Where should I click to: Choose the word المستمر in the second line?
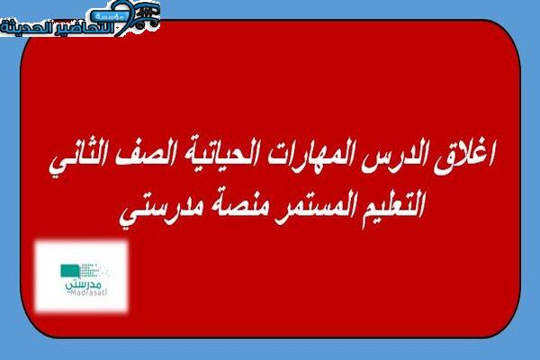tap(307, 206)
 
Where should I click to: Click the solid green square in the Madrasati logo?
tap(69, 271)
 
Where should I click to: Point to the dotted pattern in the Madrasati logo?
tap(93, 270)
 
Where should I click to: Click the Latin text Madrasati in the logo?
tap(86, 292)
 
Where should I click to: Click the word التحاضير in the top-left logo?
tap(84, 28)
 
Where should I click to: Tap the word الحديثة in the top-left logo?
tap(26, 28)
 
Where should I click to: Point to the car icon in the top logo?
tap(147, 16)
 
